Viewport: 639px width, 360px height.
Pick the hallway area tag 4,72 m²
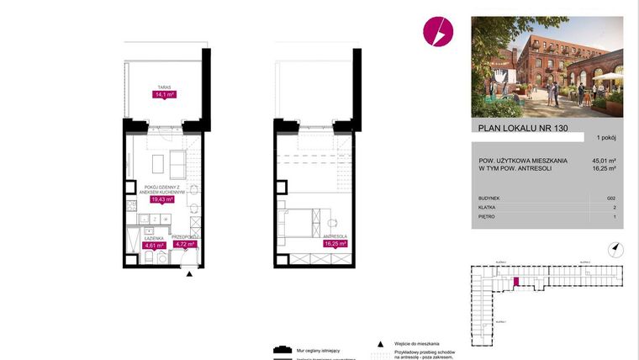[184, 245]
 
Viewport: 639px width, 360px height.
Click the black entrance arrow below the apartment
[190, 273]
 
